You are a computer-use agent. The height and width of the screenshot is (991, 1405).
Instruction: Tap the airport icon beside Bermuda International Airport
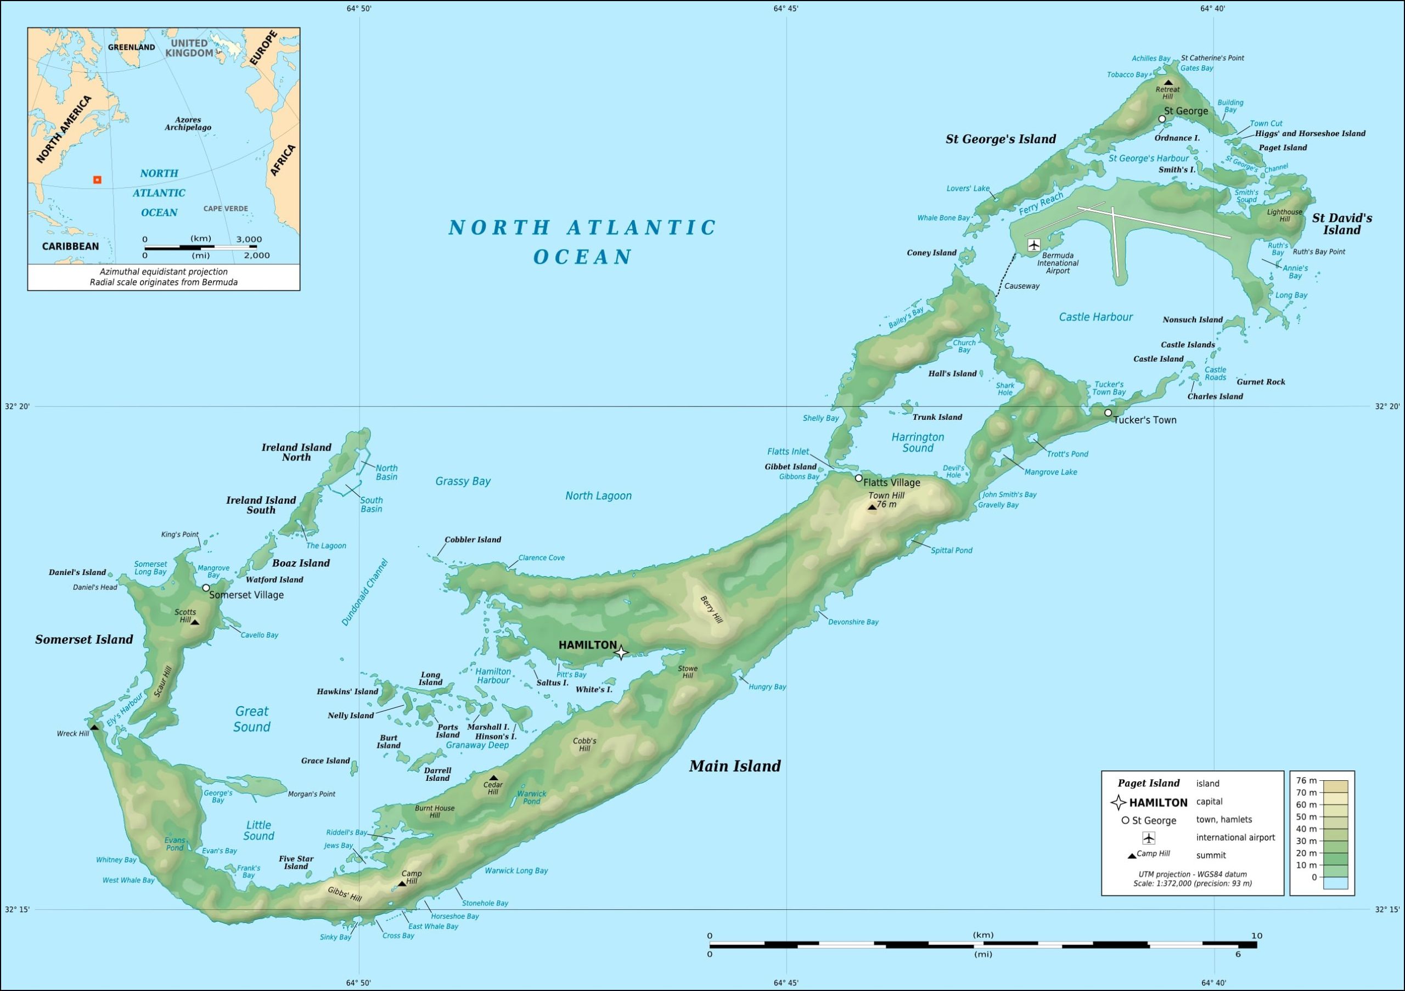coord(1034,245)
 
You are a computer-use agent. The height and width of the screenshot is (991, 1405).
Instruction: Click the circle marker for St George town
coord(1162,119)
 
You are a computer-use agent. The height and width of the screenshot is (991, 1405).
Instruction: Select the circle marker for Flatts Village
coord(858,478)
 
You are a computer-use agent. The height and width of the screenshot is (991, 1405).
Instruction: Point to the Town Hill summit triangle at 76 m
coord(872,506)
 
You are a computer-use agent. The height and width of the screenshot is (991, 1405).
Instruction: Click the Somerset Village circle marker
coord(206,587)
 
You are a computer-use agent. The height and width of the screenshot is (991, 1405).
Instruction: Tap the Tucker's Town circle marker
coord(1108,413)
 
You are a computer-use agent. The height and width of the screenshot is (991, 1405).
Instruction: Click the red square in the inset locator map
coord(97,180)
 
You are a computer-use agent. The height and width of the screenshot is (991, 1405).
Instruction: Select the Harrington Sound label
coord(917,442)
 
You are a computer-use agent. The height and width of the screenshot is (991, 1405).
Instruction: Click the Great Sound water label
coord(251,719)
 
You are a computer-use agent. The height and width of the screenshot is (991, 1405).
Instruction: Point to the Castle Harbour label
coord(1095,317)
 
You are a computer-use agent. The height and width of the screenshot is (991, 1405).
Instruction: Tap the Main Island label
coord(734,766)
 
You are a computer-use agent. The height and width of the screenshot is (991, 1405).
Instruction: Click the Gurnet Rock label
coord(1261,382)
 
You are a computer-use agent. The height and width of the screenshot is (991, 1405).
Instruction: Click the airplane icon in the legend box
coord(1149,837)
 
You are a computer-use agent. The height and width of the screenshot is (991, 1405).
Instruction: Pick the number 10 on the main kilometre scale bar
coord(1256,936)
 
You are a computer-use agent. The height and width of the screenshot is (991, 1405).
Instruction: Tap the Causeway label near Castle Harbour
coord(1021,286)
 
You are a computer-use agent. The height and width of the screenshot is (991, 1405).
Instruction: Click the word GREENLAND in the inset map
coord(132,47)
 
